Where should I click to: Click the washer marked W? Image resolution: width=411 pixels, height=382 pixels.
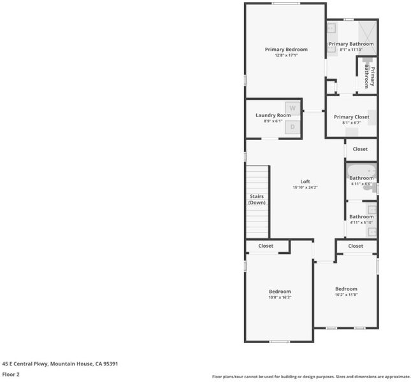(x=292, y=108)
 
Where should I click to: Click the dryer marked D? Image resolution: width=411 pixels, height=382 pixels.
(x=292, y=127)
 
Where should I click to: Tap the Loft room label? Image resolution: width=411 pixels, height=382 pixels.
(x=305, y=181)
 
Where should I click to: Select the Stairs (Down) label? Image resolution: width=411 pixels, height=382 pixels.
(x=257, y=199)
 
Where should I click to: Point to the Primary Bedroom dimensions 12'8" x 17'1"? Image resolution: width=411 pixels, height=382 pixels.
(x=286, y=55)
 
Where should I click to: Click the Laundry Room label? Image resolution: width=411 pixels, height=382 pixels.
(x=273, y=115)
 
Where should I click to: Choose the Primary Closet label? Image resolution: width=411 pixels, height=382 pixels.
(x=352, y=117)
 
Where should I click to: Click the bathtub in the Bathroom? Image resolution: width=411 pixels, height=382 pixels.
(x=361, y=171)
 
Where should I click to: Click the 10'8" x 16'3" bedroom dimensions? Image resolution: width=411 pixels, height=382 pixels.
(x=280, y=297)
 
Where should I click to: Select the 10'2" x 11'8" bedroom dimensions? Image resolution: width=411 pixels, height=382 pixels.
(x=346, y=295)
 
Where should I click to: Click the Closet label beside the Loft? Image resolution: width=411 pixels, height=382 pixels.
(x=360, y=149)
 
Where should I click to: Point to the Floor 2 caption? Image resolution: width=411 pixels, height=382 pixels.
(x=11, y=374)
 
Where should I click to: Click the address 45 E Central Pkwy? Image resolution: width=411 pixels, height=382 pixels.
(x=25, y=364)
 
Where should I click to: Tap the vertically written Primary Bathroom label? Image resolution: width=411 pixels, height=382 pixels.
(x=370, y=76)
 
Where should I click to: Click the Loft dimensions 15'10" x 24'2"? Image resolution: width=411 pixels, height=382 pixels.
(x=305, y=187)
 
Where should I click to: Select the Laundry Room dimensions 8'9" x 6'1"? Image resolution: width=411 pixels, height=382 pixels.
(x=273, y=121)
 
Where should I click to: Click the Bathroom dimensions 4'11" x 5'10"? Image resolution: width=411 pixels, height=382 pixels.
(x=361, y=223)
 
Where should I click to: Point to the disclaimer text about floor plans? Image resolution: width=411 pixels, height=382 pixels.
(x=312, y=377)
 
